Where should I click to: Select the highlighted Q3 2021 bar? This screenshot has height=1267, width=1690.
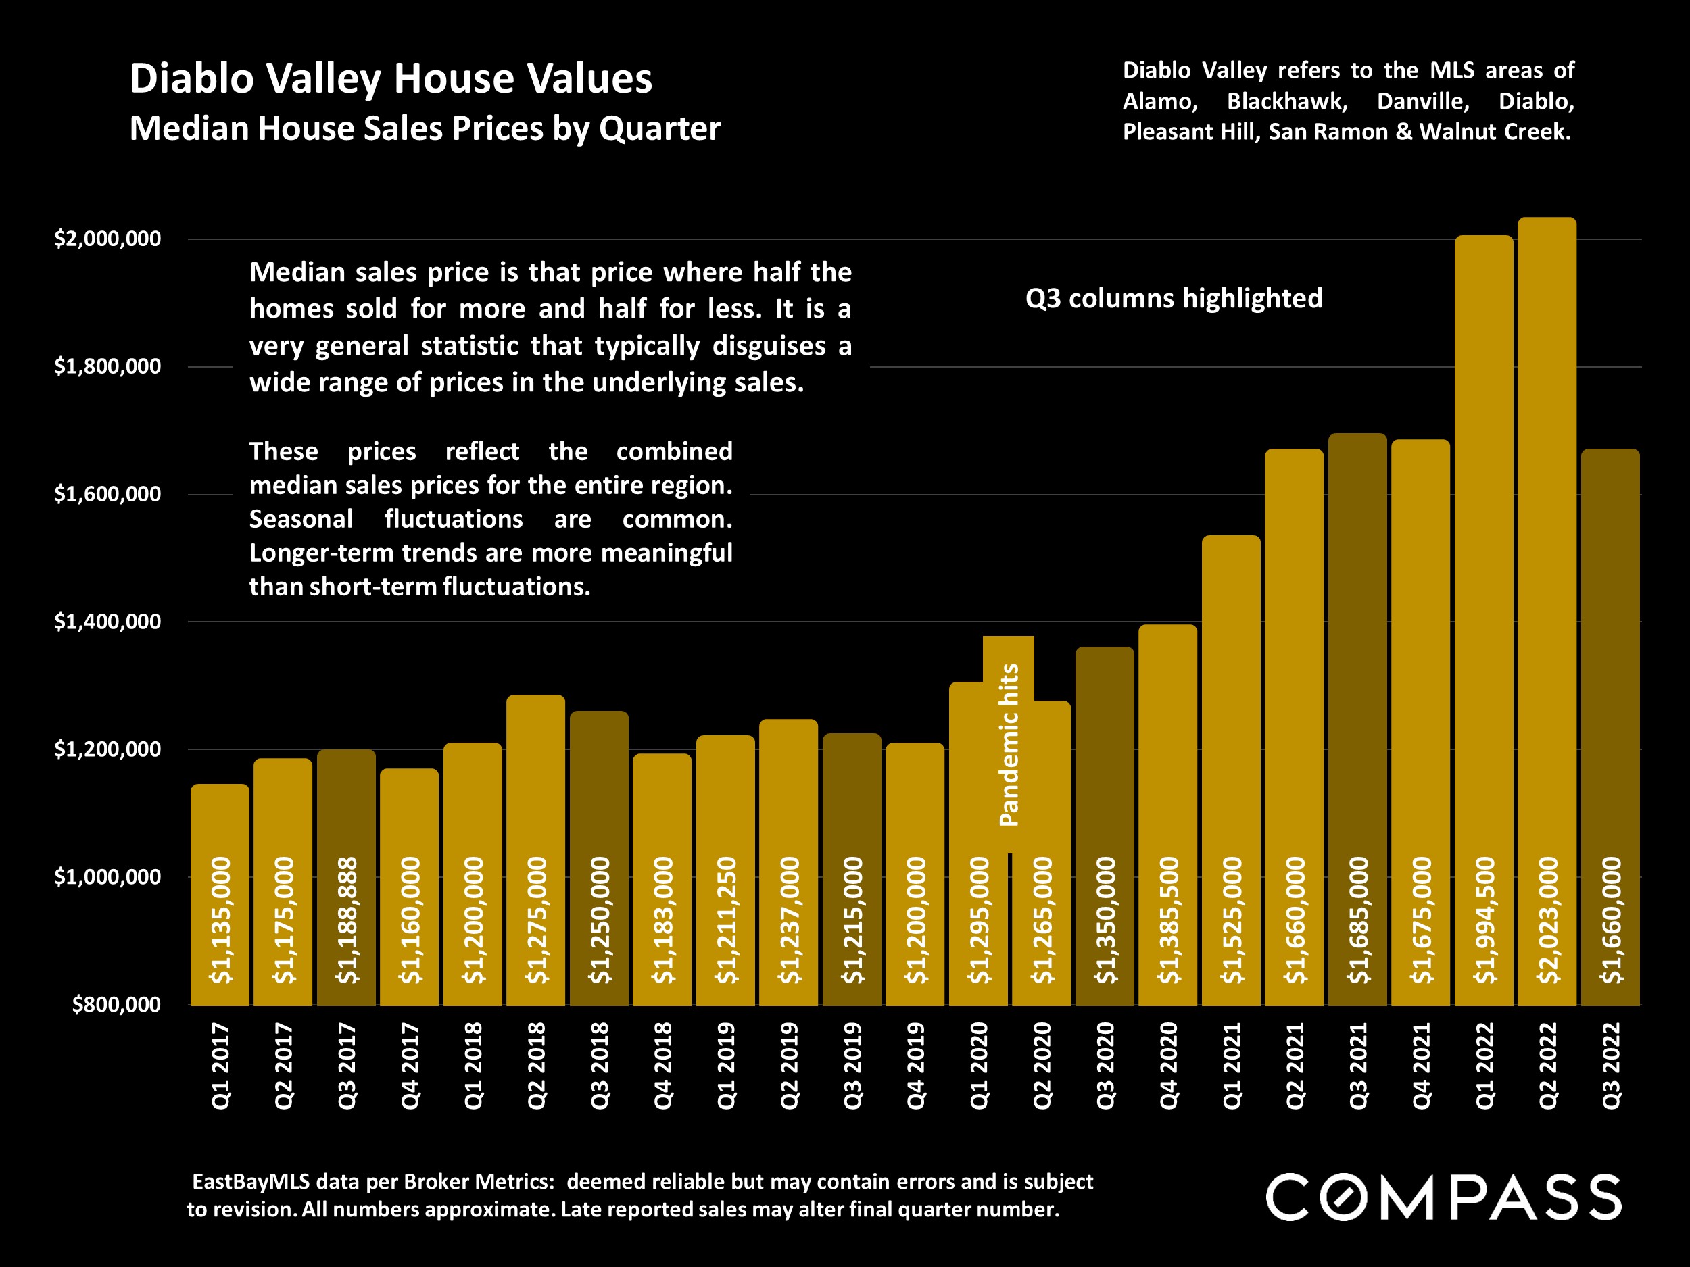click(1357, 649)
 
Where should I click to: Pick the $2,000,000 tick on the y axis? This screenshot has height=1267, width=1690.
click(107, 239)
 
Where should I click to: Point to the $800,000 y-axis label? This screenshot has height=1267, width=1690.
click(117, 1004)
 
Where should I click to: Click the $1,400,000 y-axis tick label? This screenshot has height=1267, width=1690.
click(107, 622)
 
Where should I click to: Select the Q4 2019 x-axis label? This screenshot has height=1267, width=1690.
click(915, 1066)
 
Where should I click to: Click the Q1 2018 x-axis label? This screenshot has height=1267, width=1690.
click(473, 1066)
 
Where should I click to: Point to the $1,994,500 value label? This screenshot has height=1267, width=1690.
click(1484, 920)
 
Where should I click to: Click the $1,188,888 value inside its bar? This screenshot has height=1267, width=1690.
click(347, 920)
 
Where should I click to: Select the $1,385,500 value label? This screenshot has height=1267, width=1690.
click(1168, 920)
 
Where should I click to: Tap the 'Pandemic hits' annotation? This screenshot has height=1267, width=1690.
click(1009, 745)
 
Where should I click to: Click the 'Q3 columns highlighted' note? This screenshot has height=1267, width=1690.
click(1174, 299)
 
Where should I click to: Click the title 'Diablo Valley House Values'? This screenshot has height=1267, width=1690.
click(391, 78)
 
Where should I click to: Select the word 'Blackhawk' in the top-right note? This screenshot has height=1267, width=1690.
click(1286, 101)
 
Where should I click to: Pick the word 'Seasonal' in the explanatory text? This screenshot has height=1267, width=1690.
click(301, 520)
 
